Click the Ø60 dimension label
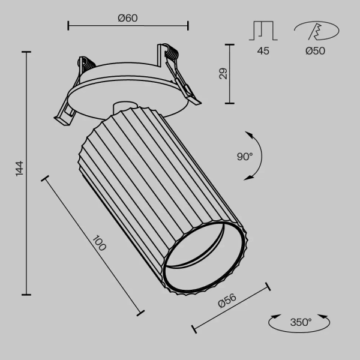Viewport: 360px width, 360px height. (x=128, y=18)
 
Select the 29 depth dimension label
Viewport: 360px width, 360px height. (x=223, y=74)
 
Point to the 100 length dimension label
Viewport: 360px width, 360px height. (x=98, y=244)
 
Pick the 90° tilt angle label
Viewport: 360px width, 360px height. (x=245, y=157)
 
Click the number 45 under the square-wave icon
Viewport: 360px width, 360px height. (x=263, y=51)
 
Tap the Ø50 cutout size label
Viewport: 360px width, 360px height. (x=314, y=51)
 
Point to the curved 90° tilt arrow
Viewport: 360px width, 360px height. (x=257, y=155)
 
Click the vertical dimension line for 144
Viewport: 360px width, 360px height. (x=26, y=174)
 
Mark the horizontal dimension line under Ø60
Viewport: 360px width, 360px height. (x=128, y=26)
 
